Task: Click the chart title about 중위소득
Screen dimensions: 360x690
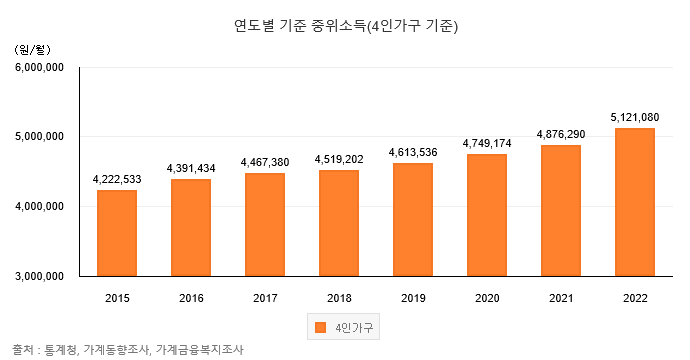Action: (x=345, y=23)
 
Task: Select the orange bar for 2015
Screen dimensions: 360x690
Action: (x=117, y=232)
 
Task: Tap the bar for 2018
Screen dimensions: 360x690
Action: (x=339, y=222)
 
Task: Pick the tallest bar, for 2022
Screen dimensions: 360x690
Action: (x=635, y=201)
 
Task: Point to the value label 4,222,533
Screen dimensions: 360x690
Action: (x=117, y=178)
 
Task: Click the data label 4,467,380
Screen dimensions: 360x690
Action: (x=265, y=162)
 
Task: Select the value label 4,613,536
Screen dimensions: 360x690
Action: (x=413, y=152)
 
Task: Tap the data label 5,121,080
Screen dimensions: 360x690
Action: (x=635, y=117)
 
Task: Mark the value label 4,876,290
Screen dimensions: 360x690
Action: (x=561, y=134)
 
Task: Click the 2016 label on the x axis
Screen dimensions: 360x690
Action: (x=191, y=297)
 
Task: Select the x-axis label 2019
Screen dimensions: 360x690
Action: (x=413, y=297)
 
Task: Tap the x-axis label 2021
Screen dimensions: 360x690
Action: (x=561, y=297)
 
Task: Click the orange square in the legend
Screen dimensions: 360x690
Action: (x=320, y=327)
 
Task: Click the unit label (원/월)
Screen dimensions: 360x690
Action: (x=32, y=48)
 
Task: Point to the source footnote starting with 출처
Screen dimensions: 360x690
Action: (x=128, y=349)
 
